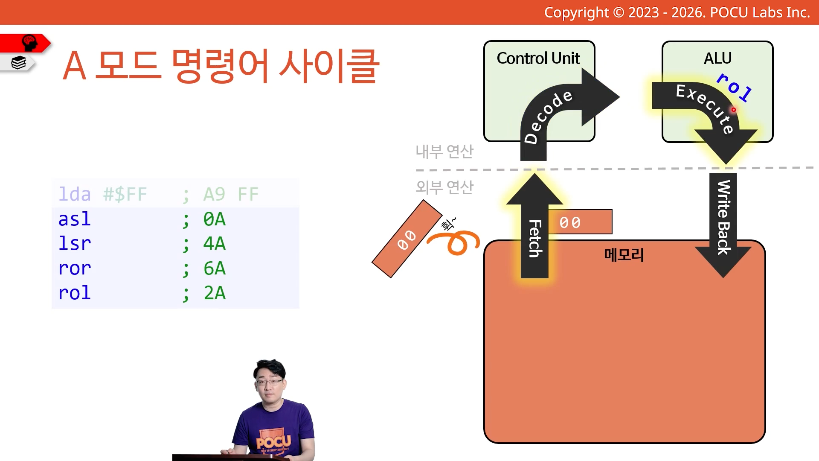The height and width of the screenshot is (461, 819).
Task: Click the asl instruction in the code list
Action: point(75,219)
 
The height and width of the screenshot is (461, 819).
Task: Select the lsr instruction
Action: point(75,244)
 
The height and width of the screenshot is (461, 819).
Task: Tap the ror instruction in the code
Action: point(75,268)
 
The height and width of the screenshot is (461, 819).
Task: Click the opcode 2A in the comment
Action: point(215,293)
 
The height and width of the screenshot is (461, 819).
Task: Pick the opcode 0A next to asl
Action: point(215,219)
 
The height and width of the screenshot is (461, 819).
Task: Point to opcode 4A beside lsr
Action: point(215,244)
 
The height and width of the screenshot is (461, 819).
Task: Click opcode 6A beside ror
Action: point(215,268)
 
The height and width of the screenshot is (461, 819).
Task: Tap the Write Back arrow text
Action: point(723,218)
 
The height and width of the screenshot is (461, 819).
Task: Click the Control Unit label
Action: point(538,58)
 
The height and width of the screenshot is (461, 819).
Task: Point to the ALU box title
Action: point(717,58)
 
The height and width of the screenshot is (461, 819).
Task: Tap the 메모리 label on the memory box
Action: point(624,255)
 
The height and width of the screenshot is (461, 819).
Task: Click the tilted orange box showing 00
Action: point(407,239)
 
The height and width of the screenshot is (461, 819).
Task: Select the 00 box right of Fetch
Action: point(580,222)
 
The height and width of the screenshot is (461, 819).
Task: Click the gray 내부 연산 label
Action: point(444,152)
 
